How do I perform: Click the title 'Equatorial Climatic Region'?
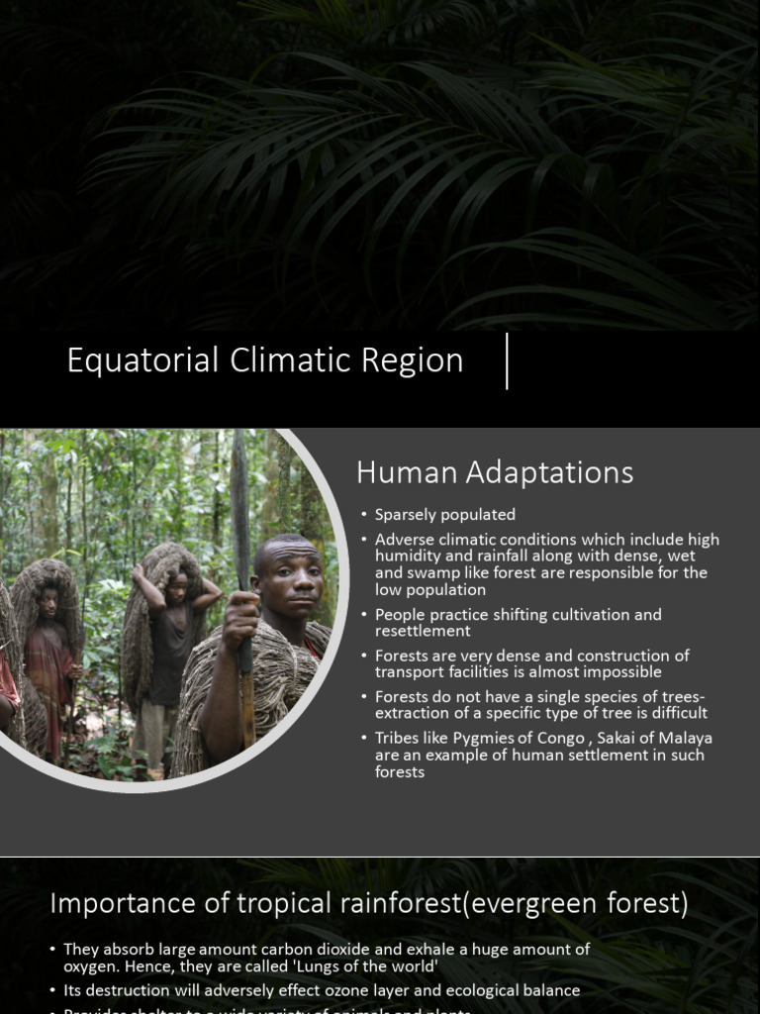264,360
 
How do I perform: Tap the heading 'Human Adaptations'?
495,473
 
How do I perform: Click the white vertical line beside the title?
507,361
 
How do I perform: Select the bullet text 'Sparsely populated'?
444,515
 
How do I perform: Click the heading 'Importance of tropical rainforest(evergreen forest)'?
369,903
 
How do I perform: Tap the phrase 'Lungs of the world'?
367,965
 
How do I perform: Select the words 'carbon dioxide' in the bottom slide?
306,949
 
